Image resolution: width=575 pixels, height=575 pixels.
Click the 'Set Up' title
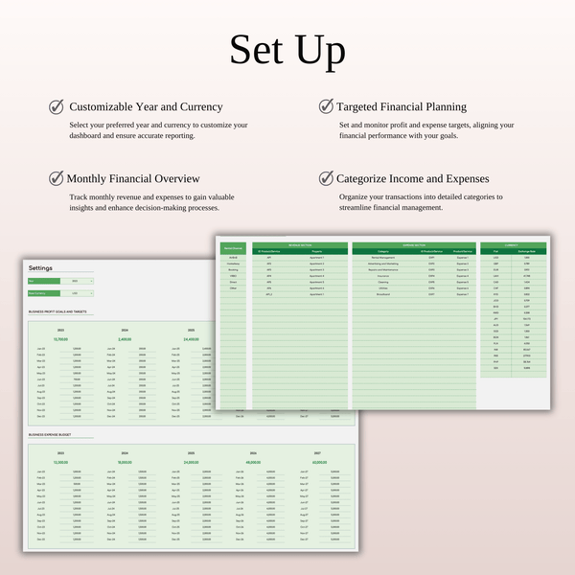pyautogui.click(x=287, y=49)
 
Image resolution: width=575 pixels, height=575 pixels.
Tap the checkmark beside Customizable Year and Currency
pyautogui.click(x=57, y=107)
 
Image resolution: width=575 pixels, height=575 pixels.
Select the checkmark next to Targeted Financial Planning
pyautogui.click(x=326, y=107)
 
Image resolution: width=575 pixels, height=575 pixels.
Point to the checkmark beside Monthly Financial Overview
pyautogui.click(x=57, y=178)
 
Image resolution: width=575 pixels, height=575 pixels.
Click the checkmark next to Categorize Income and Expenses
pyautogui.click(x=326, y=178)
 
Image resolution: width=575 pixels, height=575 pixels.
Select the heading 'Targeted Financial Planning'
pyautogui.click(x=402, y=107)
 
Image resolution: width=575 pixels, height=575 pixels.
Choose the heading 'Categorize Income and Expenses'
pyautogui.click(x=413, y=178)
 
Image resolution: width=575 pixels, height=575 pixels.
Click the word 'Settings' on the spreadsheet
pyautogui.click(x=42, y=268)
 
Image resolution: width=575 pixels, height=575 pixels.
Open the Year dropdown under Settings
pyautogui.click(x=75, y=281)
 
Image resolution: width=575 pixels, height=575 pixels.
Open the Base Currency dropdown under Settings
pyautogui.click(x=75, y=292)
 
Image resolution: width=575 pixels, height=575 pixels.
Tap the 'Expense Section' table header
pyautogui.click(x=414, y=245)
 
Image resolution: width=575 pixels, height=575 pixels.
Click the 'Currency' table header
pyautogui.click(x=513, y=245)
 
